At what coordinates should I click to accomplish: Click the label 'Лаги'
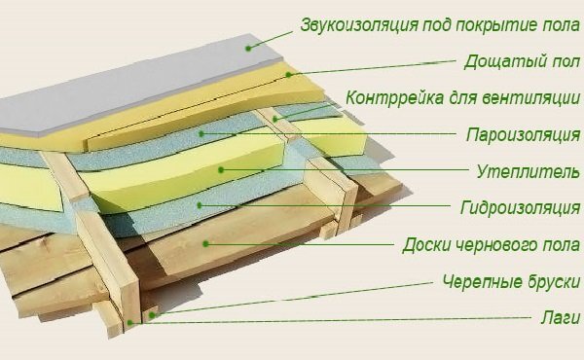562,317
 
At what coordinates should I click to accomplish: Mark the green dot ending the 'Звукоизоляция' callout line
247,47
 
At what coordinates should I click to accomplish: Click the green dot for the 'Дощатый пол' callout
290,74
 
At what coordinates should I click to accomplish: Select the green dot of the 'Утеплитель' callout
222,169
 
